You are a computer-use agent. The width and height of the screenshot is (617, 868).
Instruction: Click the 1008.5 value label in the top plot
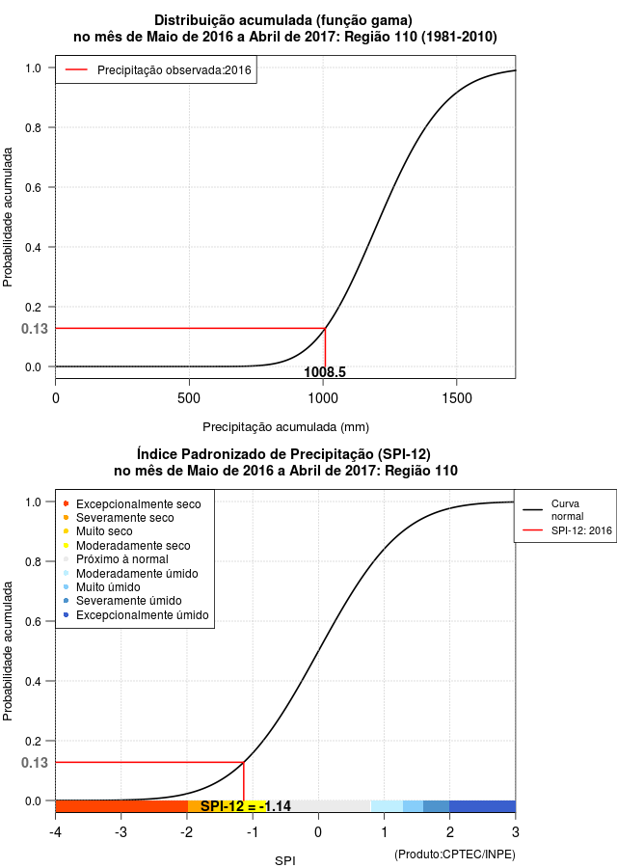click(325, 371)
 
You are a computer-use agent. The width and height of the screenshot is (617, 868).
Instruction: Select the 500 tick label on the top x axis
click(189, 398)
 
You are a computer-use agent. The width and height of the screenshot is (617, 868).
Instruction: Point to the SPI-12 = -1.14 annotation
click(246, 806)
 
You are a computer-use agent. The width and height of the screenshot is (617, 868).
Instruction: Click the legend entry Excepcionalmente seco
click(132, 503)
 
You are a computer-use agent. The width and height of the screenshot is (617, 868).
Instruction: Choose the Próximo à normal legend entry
click(116, 559)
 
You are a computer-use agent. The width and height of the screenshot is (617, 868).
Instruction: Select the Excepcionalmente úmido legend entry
click(136, 615)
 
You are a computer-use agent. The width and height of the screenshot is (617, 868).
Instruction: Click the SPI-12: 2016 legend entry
click(567, 530)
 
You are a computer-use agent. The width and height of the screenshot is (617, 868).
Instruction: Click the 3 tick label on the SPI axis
click(515, 832)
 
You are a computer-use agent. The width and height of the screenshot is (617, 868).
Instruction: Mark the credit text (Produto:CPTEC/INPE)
click(455, 854)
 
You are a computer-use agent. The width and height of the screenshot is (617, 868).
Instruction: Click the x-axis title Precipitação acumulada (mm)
click(285, 427)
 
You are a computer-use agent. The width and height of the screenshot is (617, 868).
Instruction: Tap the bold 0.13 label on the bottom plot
click(35, 763)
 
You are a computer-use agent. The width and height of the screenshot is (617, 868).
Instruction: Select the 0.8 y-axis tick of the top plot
click(33, 128)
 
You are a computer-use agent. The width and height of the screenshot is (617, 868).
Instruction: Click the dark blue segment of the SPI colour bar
click(482, 806)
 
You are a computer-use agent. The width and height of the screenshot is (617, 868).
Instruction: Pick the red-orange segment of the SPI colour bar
click(121, 806)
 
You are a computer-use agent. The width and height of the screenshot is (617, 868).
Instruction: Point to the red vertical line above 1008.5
click(326, 347)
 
